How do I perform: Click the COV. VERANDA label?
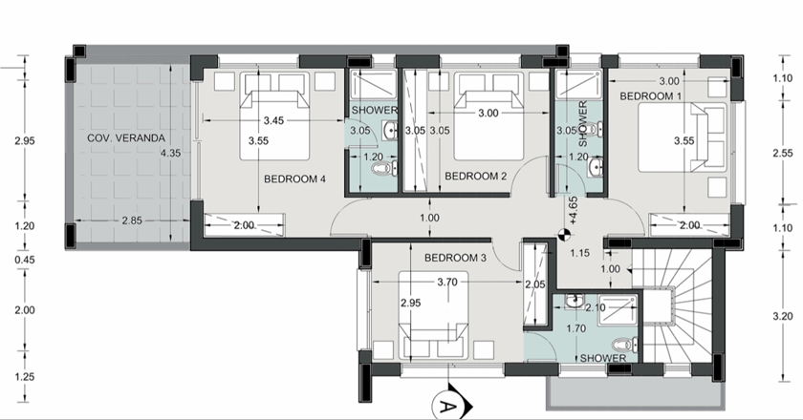pos(126,138)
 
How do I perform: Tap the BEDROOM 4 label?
pos(294,179)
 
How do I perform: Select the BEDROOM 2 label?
pos(475,176)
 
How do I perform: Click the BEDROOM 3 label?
pos(455,258)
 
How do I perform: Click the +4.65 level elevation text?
pos(573,210)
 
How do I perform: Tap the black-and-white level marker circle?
pos(563,236)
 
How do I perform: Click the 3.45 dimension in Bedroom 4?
pos(273,120)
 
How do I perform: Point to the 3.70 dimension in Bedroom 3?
pos(447,282)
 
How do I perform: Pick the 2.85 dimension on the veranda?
pos(132,221)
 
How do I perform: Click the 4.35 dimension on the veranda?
pos(170,153)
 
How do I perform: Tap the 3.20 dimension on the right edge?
pos(783,316)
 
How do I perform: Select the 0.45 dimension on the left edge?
pos(25,260)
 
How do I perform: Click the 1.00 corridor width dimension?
pos(429,218)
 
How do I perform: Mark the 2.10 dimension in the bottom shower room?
pos(595,307)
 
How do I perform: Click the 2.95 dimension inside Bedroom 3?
pos(411,303)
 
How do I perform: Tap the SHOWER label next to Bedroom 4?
pos(375,110)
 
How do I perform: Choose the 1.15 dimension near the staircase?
pos(579,253)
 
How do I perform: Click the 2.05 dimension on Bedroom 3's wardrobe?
pos(535,285)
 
